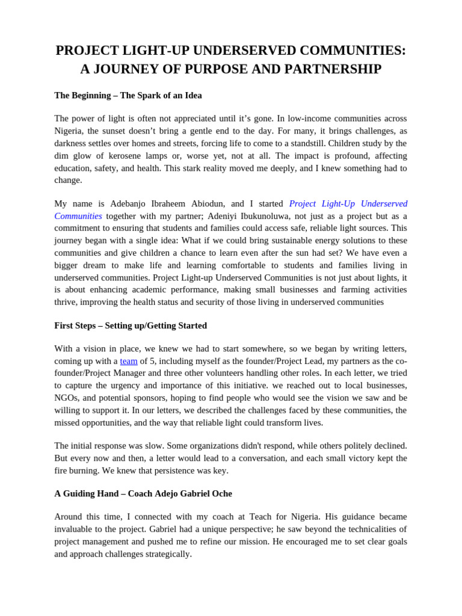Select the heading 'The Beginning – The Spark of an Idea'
coord(128,95)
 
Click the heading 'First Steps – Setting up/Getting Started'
coord(131,325)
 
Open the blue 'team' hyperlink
coord(129,361)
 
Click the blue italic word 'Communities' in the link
coord(78,216)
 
